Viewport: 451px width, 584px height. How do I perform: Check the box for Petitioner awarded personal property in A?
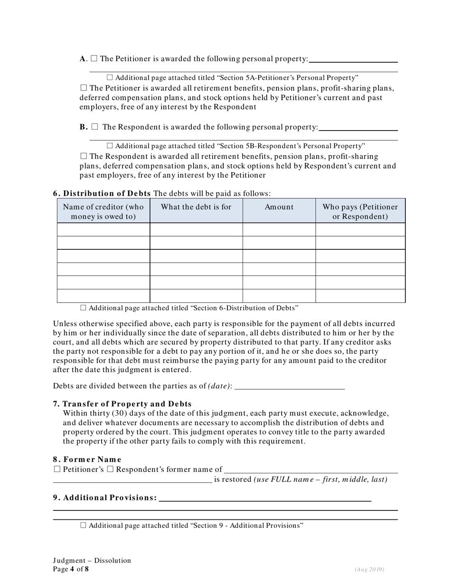point(94,59)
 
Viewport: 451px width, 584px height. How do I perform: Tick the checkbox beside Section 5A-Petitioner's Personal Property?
point(110,77)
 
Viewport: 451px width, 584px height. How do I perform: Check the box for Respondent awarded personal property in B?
point(94,127)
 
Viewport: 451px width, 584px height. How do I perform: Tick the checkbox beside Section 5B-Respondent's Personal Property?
point(110,146)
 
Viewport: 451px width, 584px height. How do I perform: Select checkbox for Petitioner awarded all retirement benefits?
point(84,88)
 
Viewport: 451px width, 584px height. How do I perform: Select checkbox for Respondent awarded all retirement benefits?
point(84,156)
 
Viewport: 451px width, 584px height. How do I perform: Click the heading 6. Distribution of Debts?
point(102,193)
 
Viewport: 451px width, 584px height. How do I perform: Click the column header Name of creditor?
point(103,211)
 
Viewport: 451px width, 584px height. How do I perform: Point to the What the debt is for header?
point(196,207)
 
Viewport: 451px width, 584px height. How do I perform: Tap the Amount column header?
point(279,207)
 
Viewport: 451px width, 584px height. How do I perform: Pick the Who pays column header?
point(360,211)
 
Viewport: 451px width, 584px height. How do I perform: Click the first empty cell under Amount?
point(279,230)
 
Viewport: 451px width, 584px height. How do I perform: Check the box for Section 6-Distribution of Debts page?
point(84,308)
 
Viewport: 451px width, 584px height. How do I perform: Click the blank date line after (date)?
point(290,386)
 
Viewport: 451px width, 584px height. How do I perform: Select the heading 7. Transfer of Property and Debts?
point(122,404)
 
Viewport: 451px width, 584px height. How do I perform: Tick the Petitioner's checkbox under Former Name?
point(57,470)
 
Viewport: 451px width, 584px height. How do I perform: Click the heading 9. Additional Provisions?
point(104,498)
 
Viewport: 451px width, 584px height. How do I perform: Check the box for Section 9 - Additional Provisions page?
point(84,526)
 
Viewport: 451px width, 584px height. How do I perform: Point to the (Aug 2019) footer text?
point(369,569)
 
